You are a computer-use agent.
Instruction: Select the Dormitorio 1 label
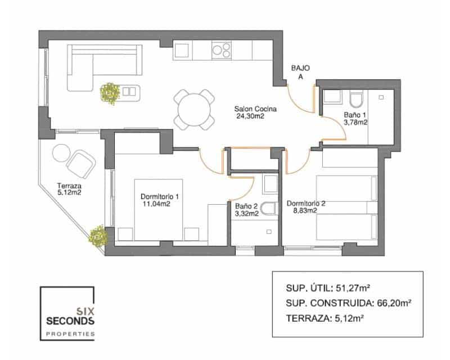pyautogui.click(x=160, y=196)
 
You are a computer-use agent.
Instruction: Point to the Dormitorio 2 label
pyautogui.click(x=307, y=203)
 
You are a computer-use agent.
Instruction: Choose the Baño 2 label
pyautogui.click(x=246, y=206)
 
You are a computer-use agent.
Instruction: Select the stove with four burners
pyautogui.click(x=222, y=50)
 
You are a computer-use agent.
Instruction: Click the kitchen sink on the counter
pyautogui.click(x=182, y=50)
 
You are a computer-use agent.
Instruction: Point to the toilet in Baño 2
pyautogui.click(x=269, y=209)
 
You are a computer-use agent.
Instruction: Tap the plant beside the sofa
pyautogui.click(x=110, y=92)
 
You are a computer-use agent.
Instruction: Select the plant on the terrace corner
pyautogui.click(x=98, y=236)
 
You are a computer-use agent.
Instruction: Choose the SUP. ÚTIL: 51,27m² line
pyautogui.click(x=327, y=289)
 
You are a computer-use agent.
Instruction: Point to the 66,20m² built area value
pyautogui.click(x=393, y=303)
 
